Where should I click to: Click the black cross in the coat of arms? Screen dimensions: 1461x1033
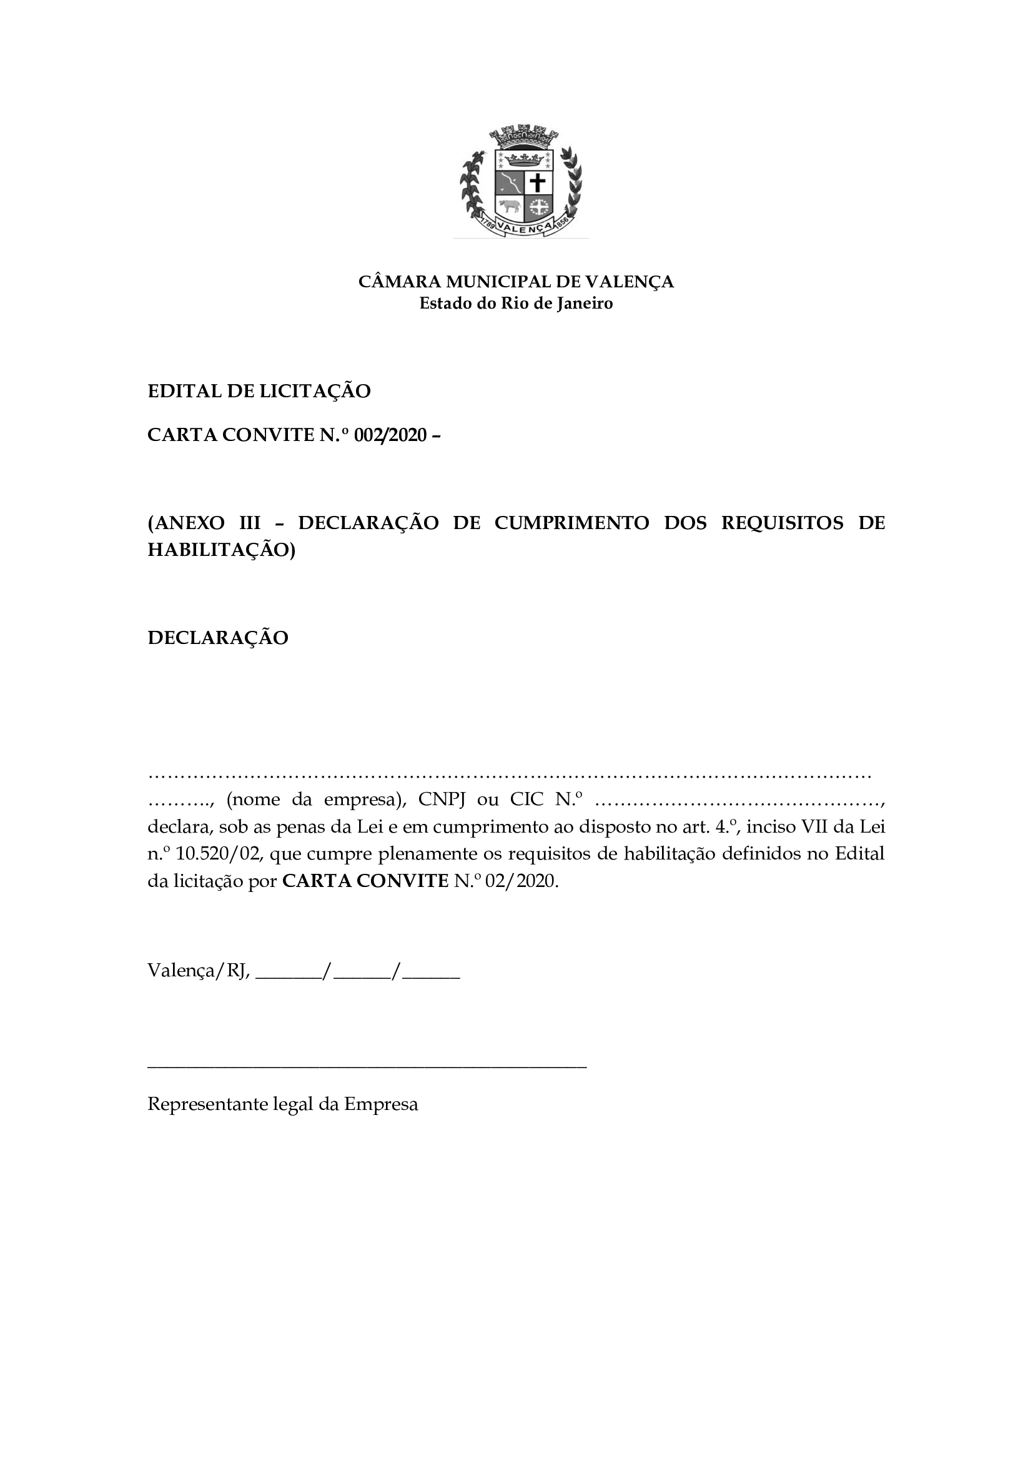[538, 183]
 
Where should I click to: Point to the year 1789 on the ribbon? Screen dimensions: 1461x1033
[488, 224]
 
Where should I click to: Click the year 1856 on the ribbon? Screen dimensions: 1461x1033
[561, 224]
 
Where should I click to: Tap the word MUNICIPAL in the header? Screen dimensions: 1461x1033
[498, 281]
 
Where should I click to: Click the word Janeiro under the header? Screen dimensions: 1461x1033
[585, 304]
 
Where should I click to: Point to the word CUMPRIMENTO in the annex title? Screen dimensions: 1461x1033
[571, 523]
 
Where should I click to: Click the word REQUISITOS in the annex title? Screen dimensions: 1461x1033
[782, 523]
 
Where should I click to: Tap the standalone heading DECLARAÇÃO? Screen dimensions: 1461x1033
[218, 638]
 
